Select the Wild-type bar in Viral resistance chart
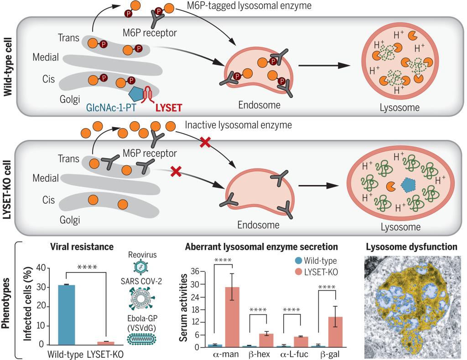coord(67,314)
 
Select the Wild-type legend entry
coord(318,261)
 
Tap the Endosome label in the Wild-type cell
coord(258,105)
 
